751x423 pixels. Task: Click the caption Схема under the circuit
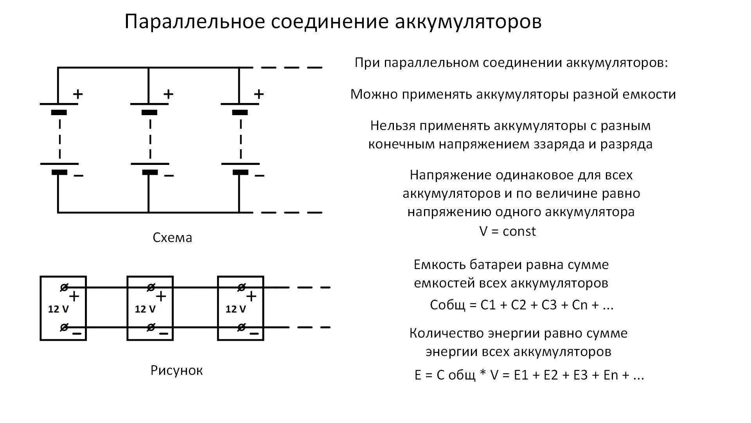[x=172, y=238]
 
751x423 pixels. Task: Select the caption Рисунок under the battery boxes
[x=177, y=371]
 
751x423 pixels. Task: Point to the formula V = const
[x=507, y=231]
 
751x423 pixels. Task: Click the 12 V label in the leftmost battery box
[x=58, y=309]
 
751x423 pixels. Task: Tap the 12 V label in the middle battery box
[x=145, y=309]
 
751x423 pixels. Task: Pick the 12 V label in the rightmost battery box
[x=235, y=309]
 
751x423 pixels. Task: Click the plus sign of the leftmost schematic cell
[x=78, y=94]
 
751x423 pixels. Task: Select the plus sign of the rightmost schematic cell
[x=259, y=94]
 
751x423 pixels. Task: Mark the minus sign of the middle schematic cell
[x=169, y=176]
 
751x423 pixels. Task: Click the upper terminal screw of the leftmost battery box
[x=64, y=288]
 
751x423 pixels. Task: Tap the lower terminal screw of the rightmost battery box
[x=241, y=327]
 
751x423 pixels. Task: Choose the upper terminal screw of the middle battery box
[x=151, y=288]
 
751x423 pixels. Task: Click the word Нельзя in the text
[x=392, y=126]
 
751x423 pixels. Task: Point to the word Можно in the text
[x=372, y=94]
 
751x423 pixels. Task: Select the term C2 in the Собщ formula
[x=519, y=305]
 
